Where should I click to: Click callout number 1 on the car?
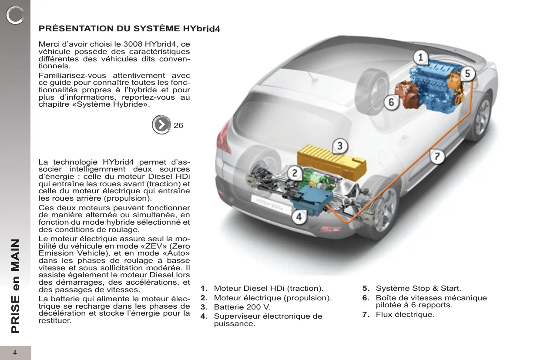420,57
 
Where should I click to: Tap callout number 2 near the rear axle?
295,174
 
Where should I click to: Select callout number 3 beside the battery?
340,146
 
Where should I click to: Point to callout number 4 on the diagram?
299,216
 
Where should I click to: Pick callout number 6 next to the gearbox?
391,102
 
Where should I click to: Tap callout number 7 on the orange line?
437,156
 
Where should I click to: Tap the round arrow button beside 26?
161,125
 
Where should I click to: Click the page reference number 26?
178,125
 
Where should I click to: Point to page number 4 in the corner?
15,353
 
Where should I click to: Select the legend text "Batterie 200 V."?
242,307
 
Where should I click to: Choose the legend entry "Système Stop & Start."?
418,288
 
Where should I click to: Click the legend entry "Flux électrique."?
405,314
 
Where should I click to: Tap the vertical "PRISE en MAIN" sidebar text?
16,286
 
